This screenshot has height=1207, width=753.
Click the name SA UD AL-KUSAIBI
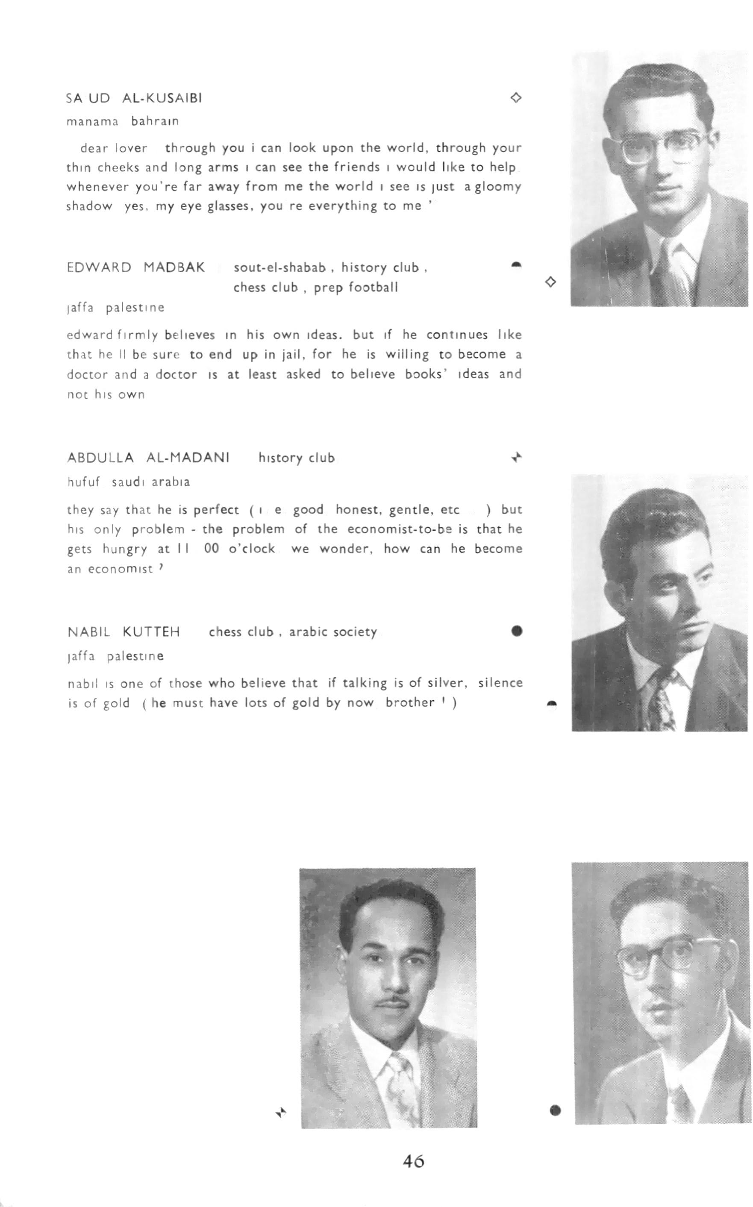[x=134, y=98]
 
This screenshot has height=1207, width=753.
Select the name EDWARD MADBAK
[x=135, y=267]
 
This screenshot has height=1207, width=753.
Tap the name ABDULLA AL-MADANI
[x=148, y=457]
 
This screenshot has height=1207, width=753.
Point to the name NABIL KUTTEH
[x=124, y=632]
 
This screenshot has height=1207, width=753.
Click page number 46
[x=413, y=1161]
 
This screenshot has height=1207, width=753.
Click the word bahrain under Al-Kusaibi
[x=154, y=121]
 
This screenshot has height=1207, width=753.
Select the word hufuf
[x=83, y=482]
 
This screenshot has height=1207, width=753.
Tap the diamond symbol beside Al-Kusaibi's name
[x=516, y=97]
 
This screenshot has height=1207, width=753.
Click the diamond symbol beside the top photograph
[x=550, y=282]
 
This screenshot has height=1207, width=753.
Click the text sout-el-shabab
[x=279, y=267]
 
